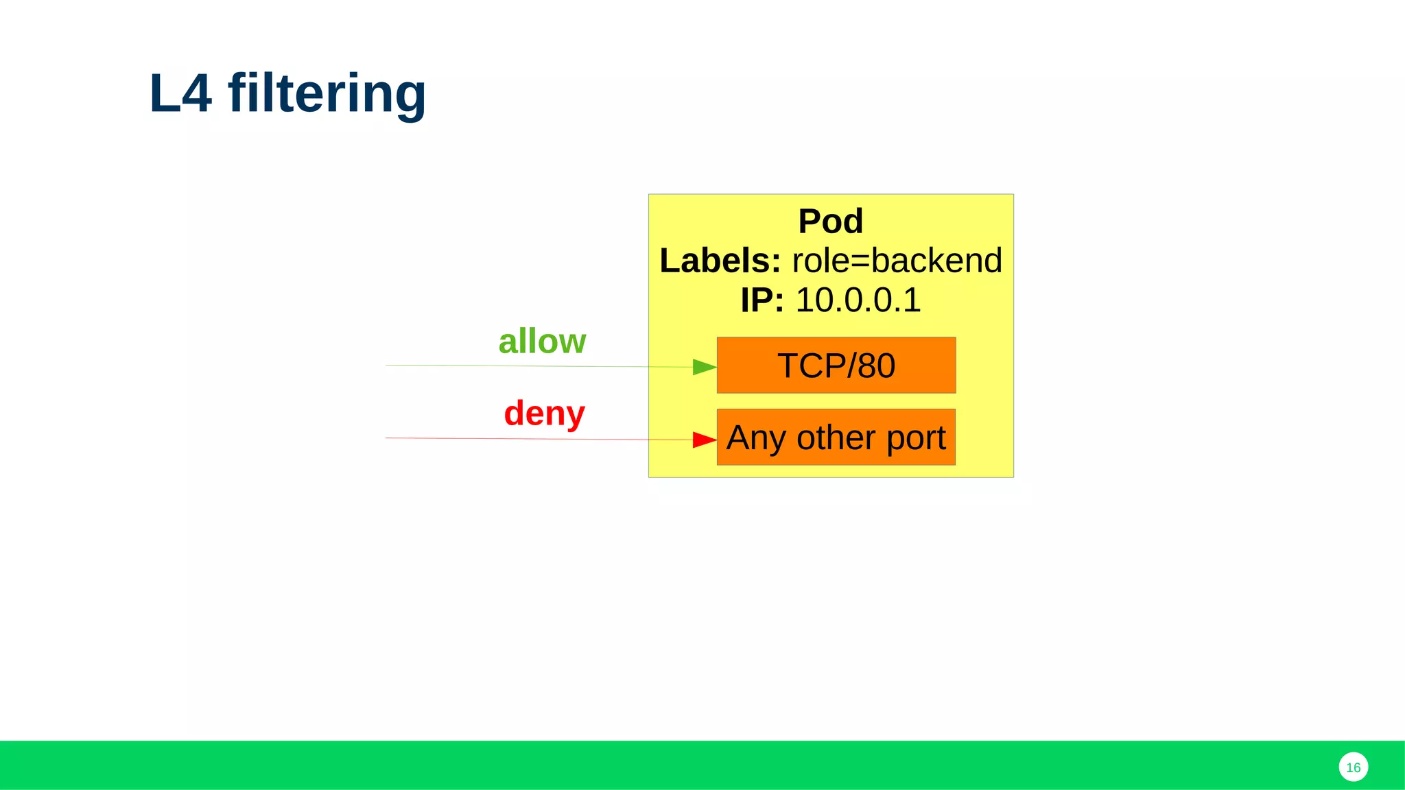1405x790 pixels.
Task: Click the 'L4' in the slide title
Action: (x=180, y=93)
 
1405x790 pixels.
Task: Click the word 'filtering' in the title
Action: (x=327, y=93)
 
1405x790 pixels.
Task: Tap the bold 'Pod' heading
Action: (x=830, y=222)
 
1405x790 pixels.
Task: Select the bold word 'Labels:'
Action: (x=720, y=261)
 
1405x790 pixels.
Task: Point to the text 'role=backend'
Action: (x=897, y=261)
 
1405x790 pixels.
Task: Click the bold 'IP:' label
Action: (x=762, y=300)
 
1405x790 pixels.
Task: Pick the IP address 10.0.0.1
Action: (x=858, y=300)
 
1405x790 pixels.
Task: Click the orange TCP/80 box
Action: (x=836, y=365)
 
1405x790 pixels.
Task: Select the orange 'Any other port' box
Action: (x=836, y=438)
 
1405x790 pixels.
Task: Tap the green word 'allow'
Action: (x=542, y=341)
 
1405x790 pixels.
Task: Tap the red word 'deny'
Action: (x=544, y=413)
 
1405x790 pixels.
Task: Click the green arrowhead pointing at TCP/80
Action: (x=704, y=367)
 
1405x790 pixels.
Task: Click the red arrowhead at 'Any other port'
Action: (x=704, y=440)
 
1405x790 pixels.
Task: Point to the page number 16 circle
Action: (x=1353, y=767)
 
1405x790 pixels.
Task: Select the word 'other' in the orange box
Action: (x=836, y=438)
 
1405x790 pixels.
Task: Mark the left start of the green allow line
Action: (x=388, y=365)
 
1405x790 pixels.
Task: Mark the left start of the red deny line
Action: (x=388, y=438)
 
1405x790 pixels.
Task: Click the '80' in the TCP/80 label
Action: (x=876, y=366)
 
